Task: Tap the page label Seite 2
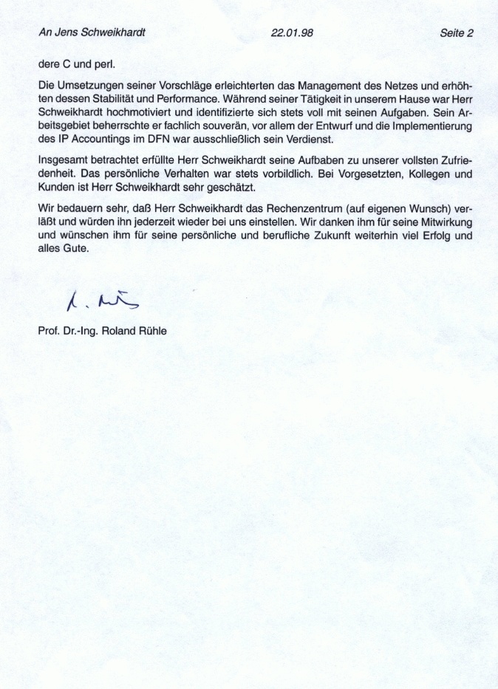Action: pyautogui.click(x=456, y=32)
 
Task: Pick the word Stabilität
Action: pyautogui.click(x=121, y=98)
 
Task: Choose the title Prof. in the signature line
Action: pyautogui.click(x=48, y=331)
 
